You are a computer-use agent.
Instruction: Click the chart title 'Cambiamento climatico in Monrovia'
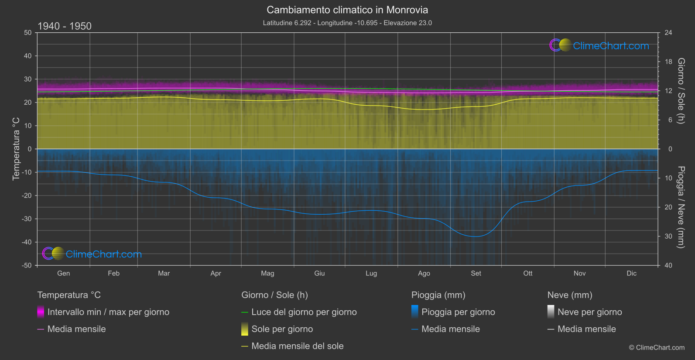(x=347, y=10)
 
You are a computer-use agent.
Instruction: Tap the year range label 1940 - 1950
(x=65, y=26)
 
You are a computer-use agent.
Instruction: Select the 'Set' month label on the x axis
(x=476, y=273)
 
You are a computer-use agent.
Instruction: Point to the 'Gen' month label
(x=64, y=273)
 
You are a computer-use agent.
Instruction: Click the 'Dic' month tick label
(x=631, y=273)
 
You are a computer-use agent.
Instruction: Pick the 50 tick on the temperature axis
(x=28, y=33)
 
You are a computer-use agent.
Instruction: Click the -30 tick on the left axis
(x=27, y=219)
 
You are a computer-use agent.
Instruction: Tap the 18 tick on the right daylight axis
(x=668, y=62)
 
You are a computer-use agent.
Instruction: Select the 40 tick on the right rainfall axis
(x=668, y=265)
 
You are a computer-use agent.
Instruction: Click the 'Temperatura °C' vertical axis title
(x=16, y=148)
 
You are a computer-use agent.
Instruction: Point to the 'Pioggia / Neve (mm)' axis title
(x=681, y=207)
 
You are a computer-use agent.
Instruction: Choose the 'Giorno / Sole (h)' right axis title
(x=681, y=91)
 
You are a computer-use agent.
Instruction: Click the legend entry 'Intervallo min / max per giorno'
(x=108, y=312)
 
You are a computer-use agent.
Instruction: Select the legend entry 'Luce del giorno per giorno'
(x=304, y=312)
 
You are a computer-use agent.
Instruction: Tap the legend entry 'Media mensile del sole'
(x=297, y=346)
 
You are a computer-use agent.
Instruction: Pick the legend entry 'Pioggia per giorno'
(x=458, y=312)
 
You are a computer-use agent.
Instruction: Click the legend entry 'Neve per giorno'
(x=589, y=312)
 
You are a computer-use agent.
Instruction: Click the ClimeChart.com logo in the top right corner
(x=599, y=45)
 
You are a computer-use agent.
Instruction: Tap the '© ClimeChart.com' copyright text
(x=657, y=347)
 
